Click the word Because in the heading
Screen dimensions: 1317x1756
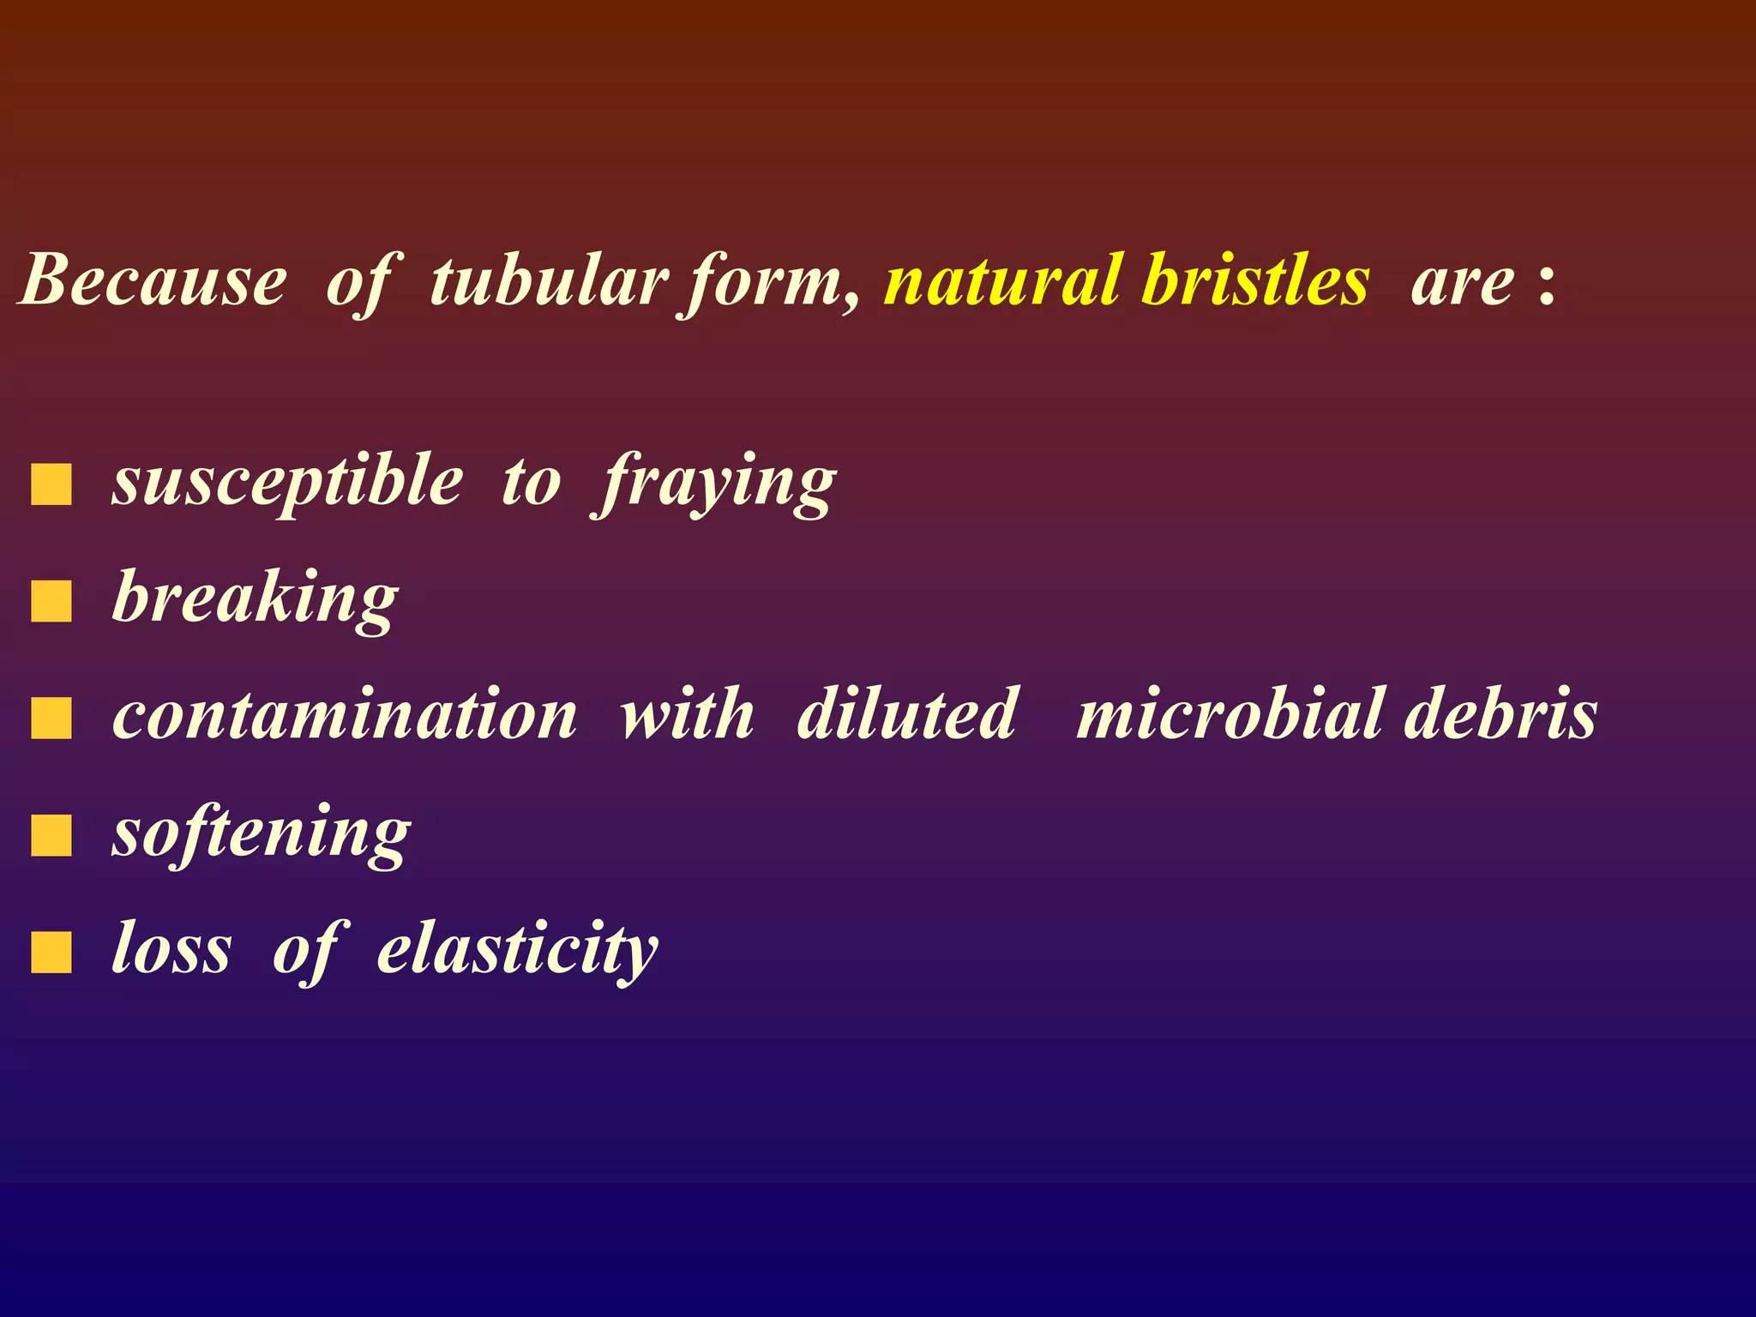153,280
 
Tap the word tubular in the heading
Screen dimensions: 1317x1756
549,280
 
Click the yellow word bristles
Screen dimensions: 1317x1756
1256,280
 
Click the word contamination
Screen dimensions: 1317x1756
345,714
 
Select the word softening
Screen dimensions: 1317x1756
262,833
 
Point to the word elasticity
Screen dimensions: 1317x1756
517,950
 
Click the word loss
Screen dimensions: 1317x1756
171,950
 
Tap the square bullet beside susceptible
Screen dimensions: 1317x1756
51,484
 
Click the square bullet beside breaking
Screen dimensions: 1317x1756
51,601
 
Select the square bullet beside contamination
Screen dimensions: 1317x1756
51,719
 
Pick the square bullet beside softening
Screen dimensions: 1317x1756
51,836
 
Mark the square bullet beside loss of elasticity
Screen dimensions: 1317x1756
51,953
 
